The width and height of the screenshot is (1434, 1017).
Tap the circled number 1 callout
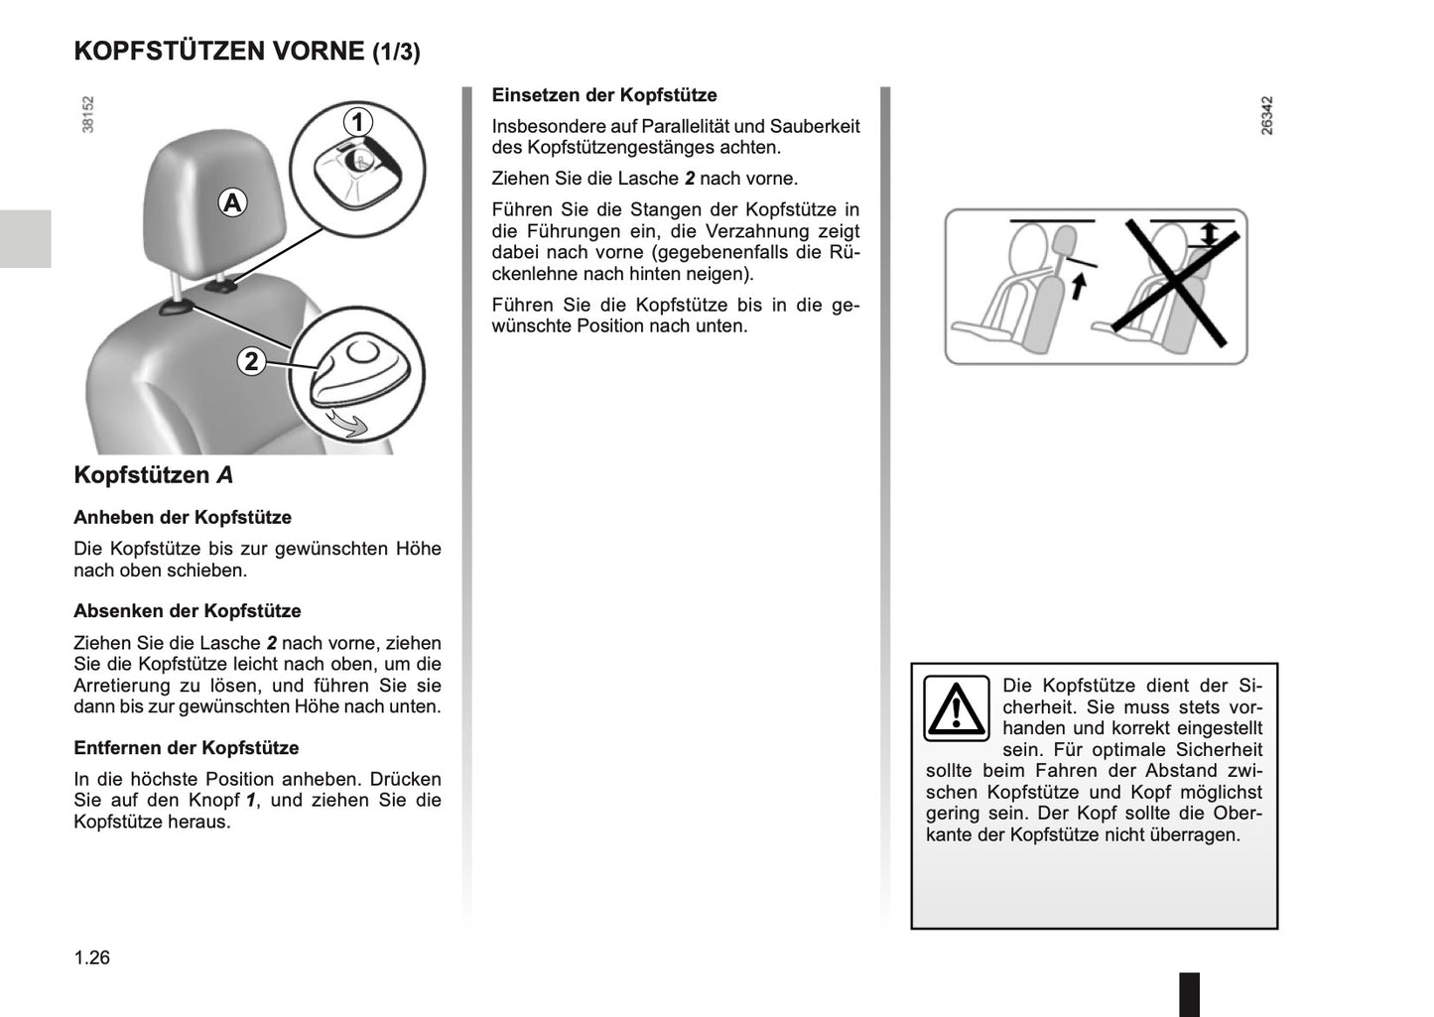(357, 122)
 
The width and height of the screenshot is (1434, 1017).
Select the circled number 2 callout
(251, 361)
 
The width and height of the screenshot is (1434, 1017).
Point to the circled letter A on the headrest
(232, 203)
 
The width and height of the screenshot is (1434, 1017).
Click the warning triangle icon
(956, 708)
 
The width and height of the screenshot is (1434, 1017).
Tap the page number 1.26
(92, 957)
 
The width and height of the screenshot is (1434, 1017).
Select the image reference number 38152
(88, 114)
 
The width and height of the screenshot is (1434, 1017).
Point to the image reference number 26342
(1265, 115)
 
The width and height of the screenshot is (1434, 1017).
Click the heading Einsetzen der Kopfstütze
(603, 95)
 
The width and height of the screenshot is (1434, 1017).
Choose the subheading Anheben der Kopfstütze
(183, 517)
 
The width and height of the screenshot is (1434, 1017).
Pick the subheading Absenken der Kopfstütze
(188, 611)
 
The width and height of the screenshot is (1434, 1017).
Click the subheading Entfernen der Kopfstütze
(187, 748)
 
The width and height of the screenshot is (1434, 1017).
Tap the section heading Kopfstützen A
(154, 475)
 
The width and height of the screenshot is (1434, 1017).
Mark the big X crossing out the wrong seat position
(1173, 276)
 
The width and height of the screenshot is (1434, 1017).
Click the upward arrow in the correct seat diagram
(1080, 286)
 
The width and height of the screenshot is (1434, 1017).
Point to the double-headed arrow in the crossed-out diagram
(1208, 235)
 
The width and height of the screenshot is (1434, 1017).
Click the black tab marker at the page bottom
(1189, 993)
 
